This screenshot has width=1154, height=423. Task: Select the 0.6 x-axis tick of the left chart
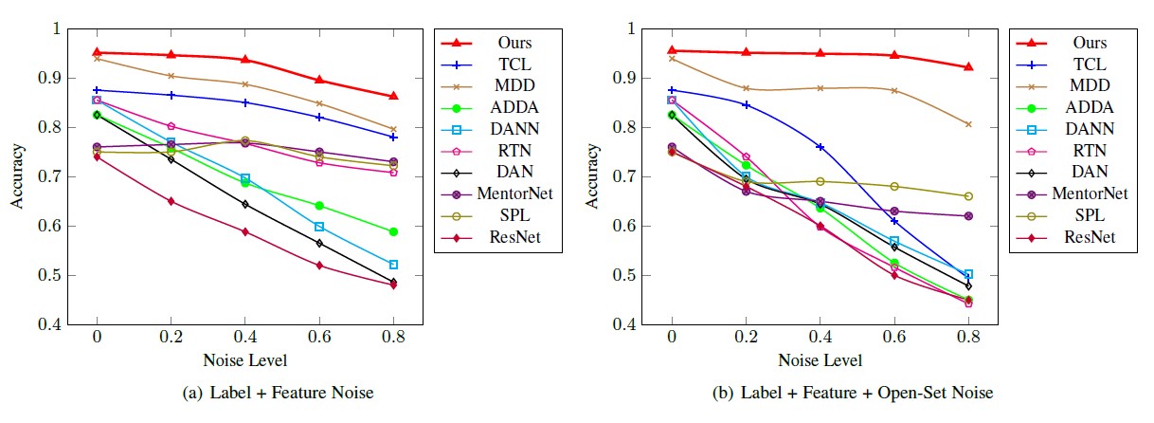pos(319,337)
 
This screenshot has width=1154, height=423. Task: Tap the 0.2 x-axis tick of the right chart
pos(746,337)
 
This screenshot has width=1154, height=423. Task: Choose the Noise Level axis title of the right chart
pos(820,360)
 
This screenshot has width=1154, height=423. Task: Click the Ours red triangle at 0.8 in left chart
pos(393,96)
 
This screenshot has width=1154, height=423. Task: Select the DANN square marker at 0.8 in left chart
pos(393,264)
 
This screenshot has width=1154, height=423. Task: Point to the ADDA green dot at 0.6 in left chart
pos(319,206)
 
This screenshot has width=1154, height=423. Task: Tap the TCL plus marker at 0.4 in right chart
pos(820,147)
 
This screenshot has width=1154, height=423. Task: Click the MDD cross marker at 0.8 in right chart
pos(968,124)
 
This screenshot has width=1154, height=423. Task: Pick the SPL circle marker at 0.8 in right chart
pos(968,196)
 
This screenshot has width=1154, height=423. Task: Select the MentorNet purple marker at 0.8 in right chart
pos(968,216)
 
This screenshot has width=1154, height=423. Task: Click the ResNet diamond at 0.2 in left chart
pos(171,201)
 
